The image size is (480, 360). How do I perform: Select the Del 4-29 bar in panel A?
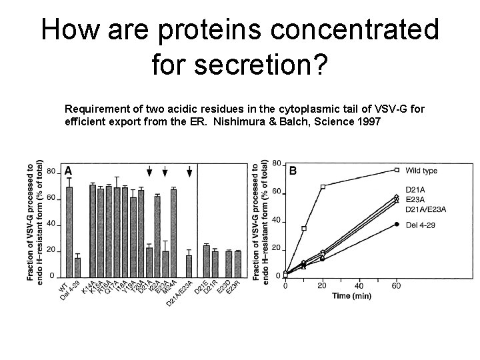(79, 267)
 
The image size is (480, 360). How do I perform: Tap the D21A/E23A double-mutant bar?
(190, 265)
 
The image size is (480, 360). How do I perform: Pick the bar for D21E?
(206, 261)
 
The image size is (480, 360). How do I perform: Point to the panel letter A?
(68, 171)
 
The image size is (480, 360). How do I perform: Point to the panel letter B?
(293, 171)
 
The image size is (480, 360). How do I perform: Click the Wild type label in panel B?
(420, 171)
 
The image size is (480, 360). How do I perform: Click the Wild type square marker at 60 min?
(397, 170)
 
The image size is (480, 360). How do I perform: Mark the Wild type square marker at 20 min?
(323, 187)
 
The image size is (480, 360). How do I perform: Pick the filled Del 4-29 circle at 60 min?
(397, 224)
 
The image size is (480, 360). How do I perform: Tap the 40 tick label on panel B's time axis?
(360, 285)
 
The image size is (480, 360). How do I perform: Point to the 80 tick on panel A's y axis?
(51, 171)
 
